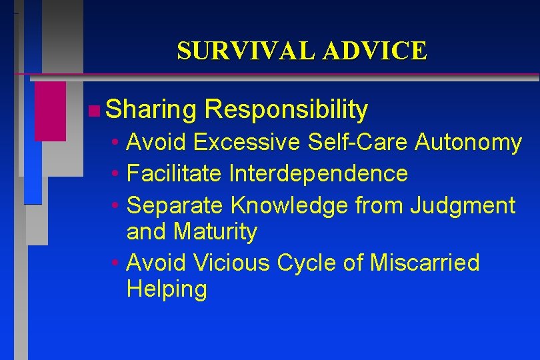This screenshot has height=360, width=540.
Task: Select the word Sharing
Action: pyautogui.click(x=150, y=110)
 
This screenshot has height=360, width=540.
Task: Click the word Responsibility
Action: pyautogui.click(x=287, y=110)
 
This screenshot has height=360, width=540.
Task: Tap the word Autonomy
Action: pyautogui.click(x=469, y=142)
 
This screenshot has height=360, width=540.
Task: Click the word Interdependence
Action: pyautogui.click(x=318, y=174)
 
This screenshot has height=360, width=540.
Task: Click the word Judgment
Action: pyautogui.click(x=463, y=206)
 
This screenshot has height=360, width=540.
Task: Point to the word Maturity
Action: pyautogui.click(x=215, y=232)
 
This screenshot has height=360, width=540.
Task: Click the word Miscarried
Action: pyautogui.click(x=425, y=263)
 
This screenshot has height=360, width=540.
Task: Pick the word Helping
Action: pyautogui.click(x=166, y=290)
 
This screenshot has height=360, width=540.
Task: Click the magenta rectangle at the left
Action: pyautogui.click(x=50, y=111)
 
